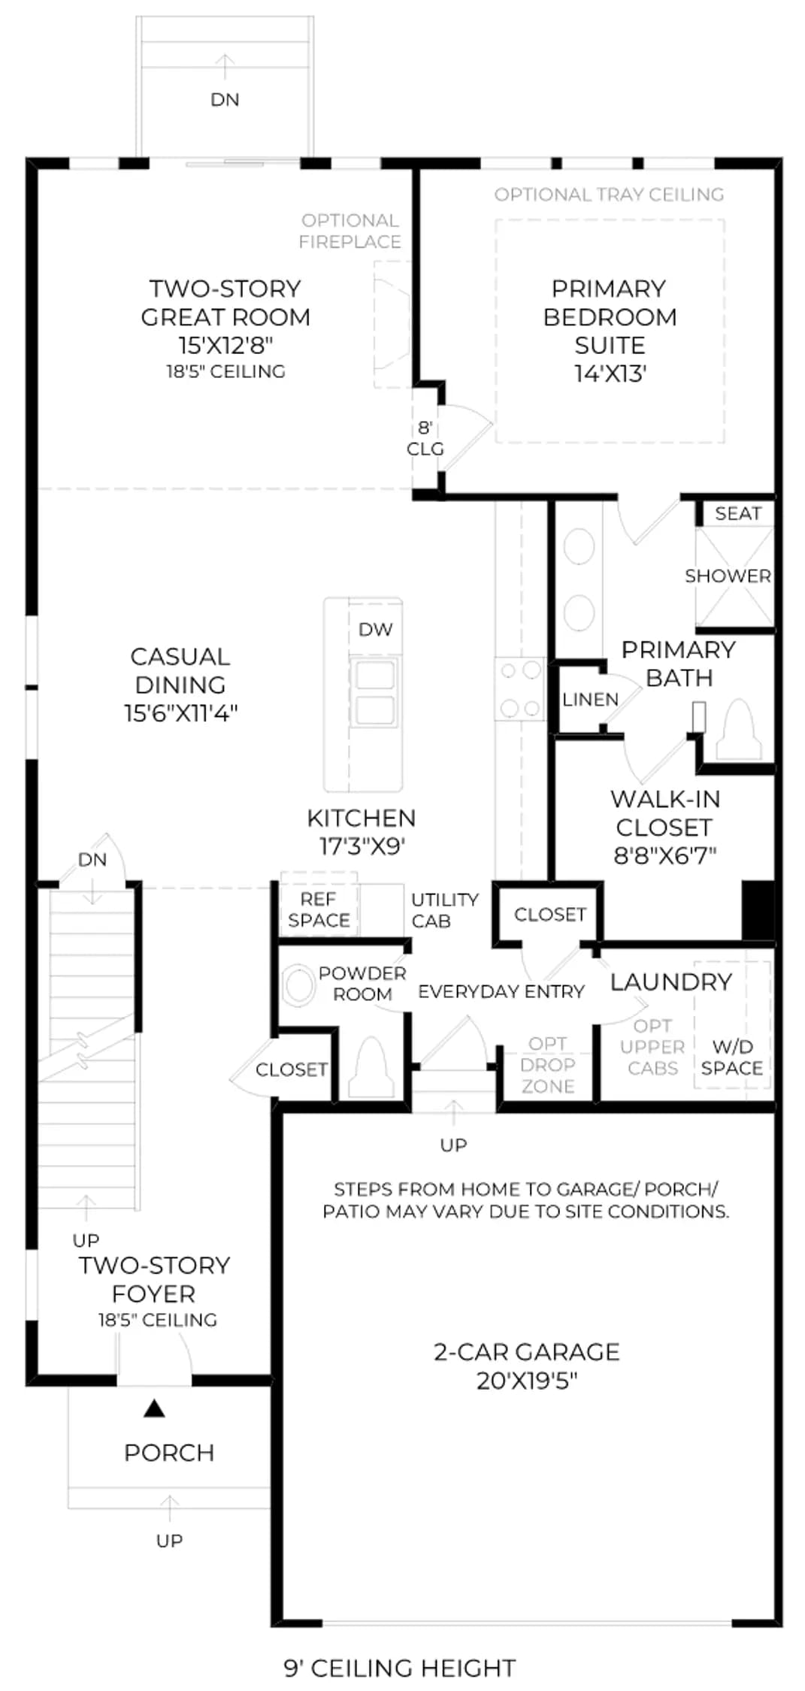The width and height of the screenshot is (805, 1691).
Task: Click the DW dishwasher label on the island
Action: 375,630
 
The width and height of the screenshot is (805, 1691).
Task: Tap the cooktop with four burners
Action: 520,689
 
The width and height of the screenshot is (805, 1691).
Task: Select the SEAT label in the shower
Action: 738,513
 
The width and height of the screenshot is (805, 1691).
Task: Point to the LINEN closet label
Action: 591,700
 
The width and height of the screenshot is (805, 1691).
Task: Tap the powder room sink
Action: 299,985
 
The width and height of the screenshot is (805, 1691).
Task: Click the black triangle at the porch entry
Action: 154,1408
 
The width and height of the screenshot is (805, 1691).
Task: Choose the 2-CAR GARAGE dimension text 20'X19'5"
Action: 527,1381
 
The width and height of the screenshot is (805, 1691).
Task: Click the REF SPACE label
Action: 319,910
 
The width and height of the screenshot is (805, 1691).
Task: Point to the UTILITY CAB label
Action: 445,910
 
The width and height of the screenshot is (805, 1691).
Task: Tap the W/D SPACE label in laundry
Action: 732,1057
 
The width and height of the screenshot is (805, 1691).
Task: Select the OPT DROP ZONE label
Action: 548,1065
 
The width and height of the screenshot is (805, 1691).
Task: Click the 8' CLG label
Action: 425,438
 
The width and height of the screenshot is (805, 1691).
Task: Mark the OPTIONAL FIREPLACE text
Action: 350,231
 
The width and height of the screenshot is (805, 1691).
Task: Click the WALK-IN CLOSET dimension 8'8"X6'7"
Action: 665,855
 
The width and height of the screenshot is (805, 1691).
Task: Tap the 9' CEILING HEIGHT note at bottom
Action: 400,1668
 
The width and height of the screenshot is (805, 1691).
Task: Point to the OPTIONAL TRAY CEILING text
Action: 609,195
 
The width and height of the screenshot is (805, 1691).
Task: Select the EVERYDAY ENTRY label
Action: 501,992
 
